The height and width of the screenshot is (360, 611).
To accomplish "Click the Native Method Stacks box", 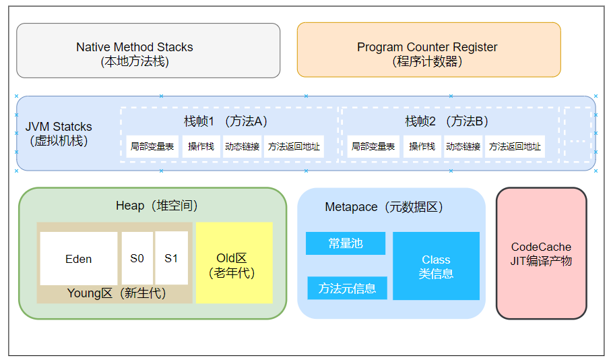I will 148,51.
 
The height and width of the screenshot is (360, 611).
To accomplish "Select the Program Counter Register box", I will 428,51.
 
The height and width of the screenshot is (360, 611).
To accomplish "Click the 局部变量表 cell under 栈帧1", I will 152,146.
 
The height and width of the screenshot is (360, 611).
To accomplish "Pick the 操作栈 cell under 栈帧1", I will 201,146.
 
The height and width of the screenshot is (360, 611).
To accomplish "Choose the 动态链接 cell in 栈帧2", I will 463,146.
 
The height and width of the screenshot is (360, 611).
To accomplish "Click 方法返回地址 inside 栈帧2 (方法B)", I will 515,146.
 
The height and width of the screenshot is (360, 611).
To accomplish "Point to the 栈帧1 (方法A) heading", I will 226,121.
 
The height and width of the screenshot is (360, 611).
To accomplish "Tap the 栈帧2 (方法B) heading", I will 447,121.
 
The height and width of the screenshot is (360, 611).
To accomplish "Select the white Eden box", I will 79,259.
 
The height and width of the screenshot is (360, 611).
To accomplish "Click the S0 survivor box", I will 137,258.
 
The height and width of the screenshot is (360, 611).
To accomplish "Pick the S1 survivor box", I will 171,258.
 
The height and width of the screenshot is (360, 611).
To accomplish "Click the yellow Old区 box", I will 234,262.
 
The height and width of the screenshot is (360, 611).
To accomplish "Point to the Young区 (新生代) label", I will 116,294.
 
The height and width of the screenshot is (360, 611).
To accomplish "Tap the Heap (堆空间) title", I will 156,206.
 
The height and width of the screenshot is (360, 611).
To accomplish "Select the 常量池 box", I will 346,243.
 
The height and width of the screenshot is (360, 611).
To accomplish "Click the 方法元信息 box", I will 347,289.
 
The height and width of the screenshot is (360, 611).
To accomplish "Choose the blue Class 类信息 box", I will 436,266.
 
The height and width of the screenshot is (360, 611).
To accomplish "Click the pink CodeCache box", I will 541,253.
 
